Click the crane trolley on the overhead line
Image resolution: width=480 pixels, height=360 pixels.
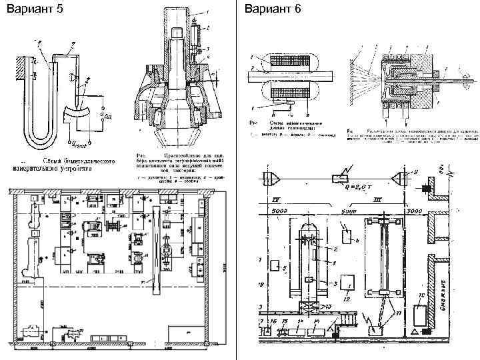341,177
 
